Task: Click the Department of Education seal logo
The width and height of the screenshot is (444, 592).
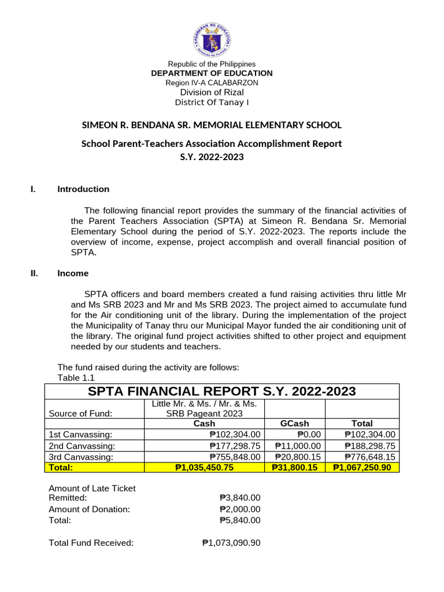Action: [211, 36]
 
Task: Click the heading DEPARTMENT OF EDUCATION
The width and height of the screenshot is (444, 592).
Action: [212, 73]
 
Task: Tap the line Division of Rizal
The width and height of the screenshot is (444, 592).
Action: [212, 92]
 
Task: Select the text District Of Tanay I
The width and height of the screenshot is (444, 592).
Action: [212, 103]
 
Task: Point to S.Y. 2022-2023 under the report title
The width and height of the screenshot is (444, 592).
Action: [212, 157]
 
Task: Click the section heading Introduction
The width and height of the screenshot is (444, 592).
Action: [83, 189]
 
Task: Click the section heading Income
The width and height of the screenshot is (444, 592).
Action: [73, 273]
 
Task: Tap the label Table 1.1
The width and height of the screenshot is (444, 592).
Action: [76, 378]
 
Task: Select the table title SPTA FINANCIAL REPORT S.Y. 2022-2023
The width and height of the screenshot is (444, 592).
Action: [221, 391]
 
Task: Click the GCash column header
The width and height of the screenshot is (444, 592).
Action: [295, 423]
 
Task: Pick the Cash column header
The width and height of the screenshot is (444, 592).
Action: [203, 423]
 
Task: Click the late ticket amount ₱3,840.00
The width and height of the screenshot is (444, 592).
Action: [240, 498]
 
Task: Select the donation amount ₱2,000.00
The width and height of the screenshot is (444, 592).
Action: [240, 509]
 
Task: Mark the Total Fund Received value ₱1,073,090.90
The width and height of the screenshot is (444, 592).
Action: [231, 543]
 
